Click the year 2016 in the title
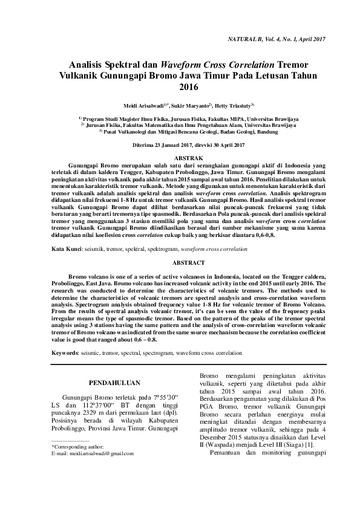180,87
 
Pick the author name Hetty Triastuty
233,105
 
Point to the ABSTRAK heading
180,156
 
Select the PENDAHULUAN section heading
114,383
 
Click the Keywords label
65,351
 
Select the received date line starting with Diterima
180,145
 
